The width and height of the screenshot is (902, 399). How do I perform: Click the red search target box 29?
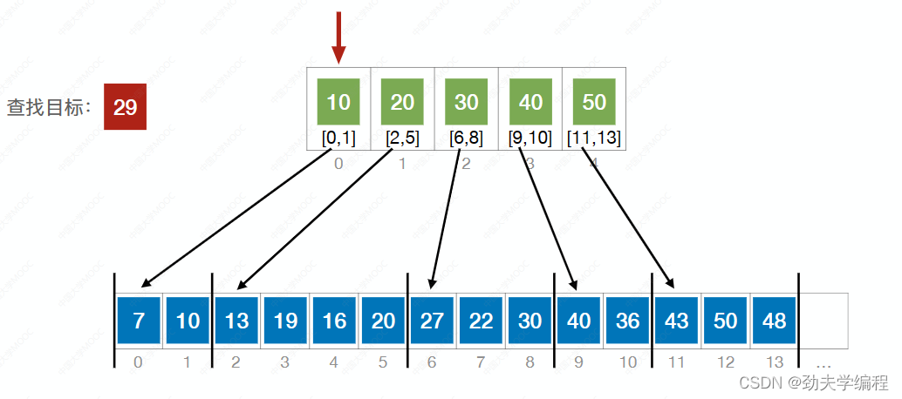pyautogui.click(x=125, y=107)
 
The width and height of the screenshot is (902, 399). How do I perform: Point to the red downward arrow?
pyautogui.click(x=338, y=38)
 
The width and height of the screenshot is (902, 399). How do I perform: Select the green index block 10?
pyautogui.click(x=338, y=101)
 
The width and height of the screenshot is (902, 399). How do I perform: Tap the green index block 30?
pyautogui.click(x=467, y=101)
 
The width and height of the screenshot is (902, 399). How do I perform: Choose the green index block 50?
pyautogui.click(x=594, y=101)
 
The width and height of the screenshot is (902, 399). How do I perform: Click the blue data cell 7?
pyautogui.click(x=139, y=321)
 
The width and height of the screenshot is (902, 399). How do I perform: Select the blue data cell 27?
pyautogui.click(x=432, y=321)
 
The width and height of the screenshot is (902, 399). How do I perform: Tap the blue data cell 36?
pyautogui.click(x=628, y=321)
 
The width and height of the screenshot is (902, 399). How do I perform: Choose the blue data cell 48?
pyautogui.click(x=775, y=321)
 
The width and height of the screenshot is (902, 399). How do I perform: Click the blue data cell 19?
pyautogui.click(x=285, y=321)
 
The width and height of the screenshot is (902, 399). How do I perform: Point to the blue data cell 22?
pyautogui.click(x=481, y=321)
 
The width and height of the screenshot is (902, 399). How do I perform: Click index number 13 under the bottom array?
pyautogui.click(x=775, y=361)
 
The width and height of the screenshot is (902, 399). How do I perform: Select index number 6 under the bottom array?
pyautogui.click(x=432, y=361)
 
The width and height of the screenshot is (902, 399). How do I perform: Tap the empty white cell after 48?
pyautogui.click(x=823, y=321)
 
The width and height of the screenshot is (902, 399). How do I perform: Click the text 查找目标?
pyautogui.click(x=49, y=108)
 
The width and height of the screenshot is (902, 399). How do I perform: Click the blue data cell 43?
pyautogui.click(x=677, y=321)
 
